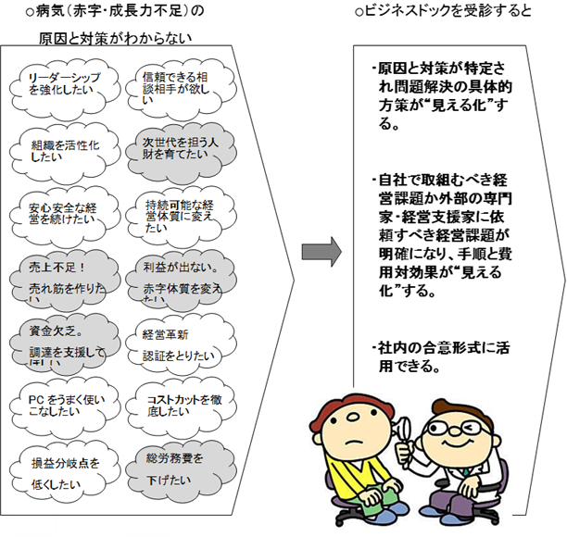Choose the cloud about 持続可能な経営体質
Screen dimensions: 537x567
176,212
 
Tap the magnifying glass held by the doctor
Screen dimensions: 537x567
405,428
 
